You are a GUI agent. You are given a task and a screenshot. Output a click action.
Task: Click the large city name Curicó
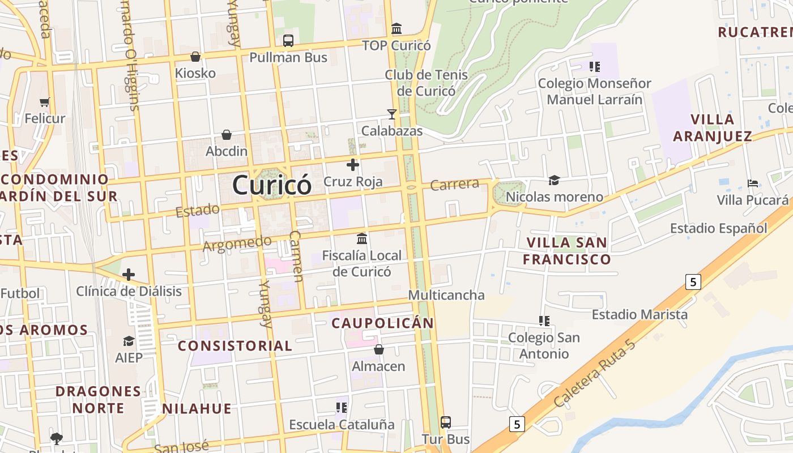(272, 185)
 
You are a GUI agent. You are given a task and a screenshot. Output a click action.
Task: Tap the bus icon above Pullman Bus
(288, 41)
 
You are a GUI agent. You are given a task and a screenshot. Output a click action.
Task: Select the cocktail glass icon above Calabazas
(392, 114)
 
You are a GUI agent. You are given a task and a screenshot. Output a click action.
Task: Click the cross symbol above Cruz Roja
(353, 165)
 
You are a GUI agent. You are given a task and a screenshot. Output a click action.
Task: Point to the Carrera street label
(454, 185)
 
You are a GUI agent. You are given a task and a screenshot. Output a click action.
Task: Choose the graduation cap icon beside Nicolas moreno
(554, 181)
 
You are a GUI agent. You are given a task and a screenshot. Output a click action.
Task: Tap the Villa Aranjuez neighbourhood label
(713, 127)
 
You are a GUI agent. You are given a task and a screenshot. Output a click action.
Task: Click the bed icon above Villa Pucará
(753, 183)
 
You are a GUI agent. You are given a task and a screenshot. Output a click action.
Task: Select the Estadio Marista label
(639, 314)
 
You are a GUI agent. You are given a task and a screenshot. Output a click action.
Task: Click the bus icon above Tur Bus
(446, 422)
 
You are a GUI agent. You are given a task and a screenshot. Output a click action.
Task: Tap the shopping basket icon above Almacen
(379, 349)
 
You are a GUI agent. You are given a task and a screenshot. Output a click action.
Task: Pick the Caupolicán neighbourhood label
(382, 323)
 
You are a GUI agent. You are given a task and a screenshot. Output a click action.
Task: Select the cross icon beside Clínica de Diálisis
(129, 275)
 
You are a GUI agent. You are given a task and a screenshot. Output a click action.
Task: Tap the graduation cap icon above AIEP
(129, 341)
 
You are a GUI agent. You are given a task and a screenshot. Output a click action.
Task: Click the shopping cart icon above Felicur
(45, 102)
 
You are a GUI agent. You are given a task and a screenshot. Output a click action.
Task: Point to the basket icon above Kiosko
(195, 57)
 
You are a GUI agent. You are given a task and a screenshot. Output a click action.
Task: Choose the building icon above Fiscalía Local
(362, 238)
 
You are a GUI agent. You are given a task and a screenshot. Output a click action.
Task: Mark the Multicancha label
(446, 295)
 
